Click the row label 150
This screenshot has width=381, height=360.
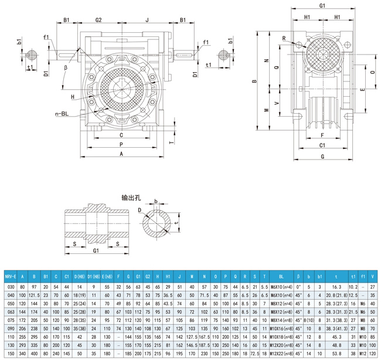coord(9,354)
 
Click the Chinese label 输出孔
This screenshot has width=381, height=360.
coord(130,197)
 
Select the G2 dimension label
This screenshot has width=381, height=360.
coord(99,20)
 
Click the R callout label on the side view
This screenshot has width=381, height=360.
coord(283,39)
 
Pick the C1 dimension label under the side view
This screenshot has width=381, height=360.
coord(322,145)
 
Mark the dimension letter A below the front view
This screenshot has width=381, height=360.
coord(121,154)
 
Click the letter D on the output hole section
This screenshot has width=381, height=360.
coord(140,210)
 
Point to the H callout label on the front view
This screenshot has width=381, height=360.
coord(73,97)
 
